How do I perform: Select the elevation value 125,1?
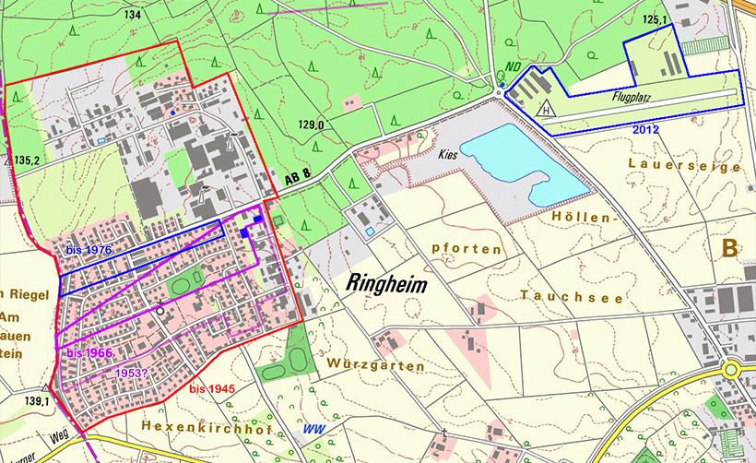tap(655, 18)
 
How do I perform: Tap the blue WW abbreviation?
tap(315, 430)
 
